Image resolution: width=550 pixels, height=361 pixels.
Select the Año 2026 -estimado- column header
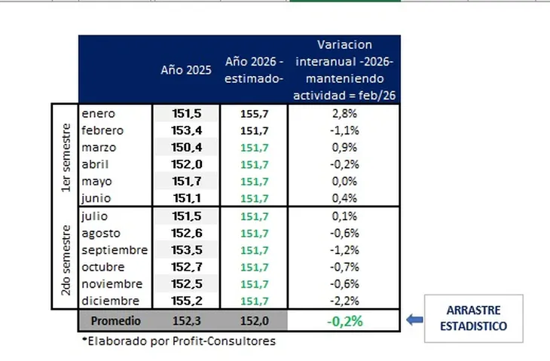[253, 69]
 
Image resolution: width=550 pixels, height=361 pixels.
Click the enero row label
[99, 113]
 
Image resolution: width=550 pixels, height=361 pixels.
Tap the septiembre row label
[114, 250]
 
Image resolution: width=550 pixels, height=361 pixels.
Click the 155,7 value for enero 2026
[253, 113]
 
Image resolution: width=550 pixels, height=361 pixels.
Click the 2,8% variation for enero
[344, 113]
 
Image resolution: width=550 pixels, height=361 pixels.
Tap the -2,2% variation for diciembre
[344, 301]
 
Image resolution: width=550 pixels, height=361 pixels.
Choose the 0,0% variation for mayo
[344, 182]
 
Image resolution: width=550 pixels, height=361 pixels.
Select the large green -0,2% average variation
[344, 320]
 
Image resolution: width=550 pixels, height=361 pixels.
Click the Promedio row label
[115, 320]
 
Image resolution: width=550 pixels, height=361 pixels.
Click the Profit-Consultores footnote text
[179, 341]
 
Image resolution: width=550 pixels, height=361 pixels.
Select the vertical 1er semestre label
[66, 155]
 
